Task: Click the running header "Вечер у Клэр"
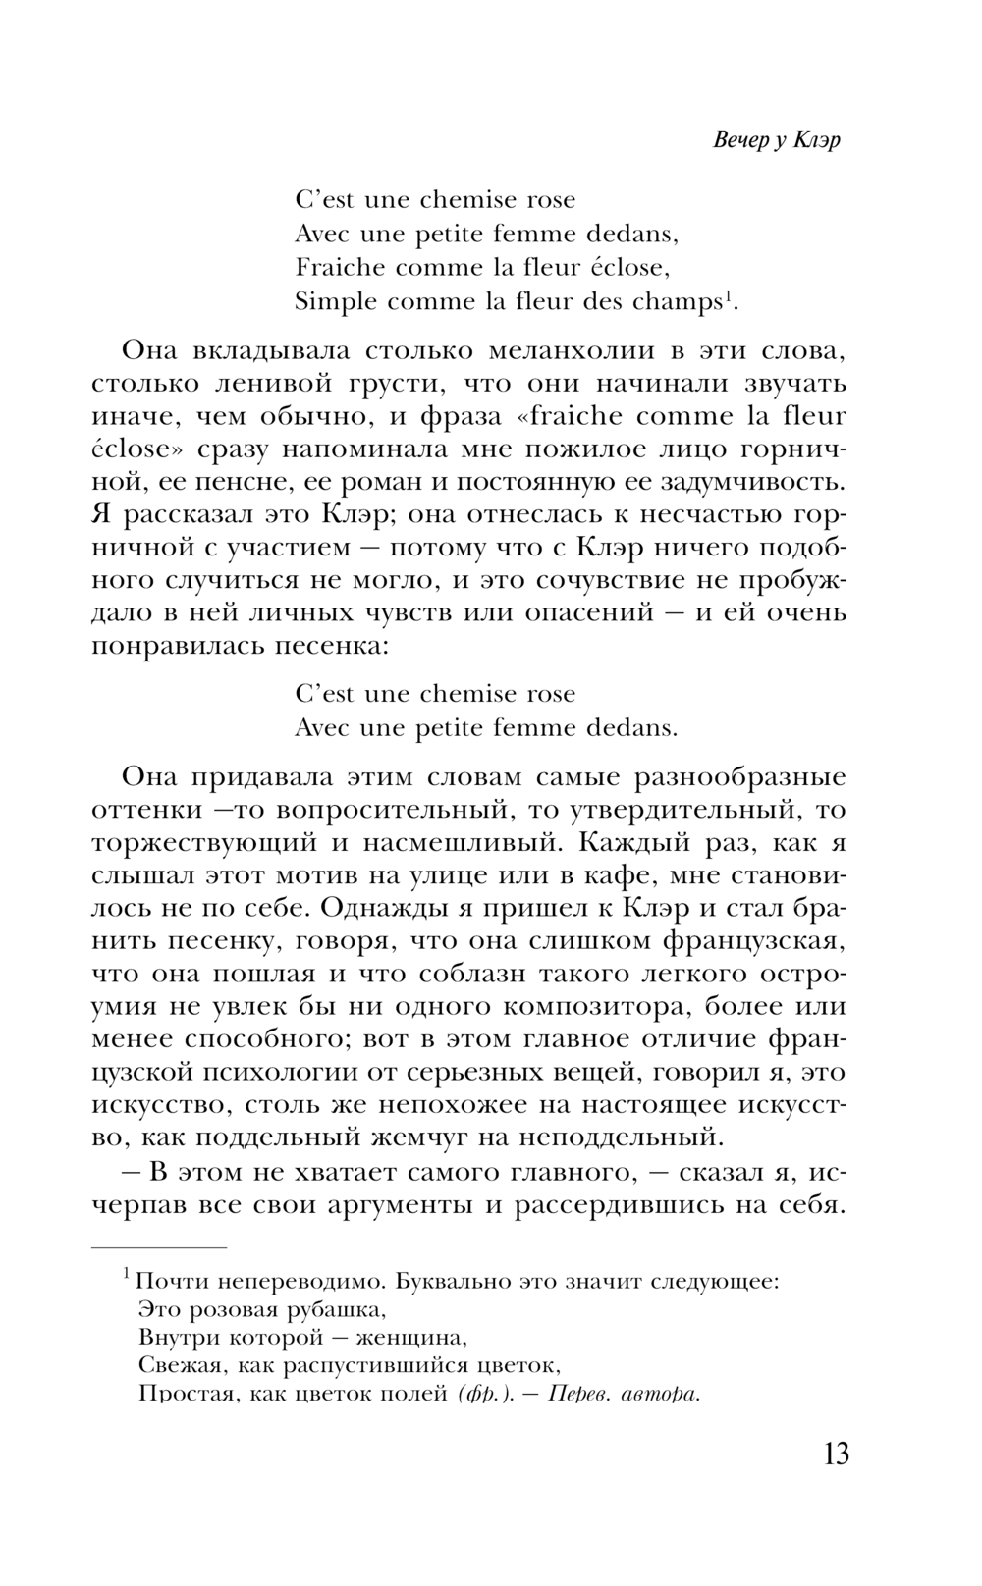pyautogui.click(x=776, y=139)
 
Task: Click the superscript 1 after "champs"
pyautogui.click(x=728, y=296)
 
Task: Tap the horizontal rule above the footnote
pyautogui.click(x=159, y=1246)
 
